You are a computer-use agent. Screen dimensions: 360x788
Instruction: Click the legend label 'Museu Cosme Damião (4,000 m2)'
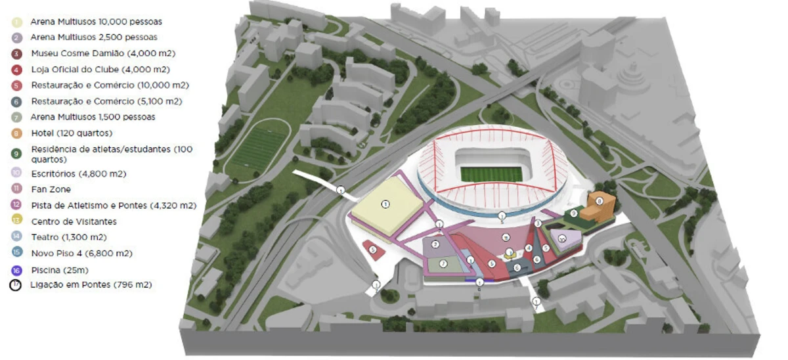coord(102,53)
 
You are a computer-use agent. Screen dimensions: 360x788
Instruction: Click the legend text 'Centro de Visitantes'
coord(74,221)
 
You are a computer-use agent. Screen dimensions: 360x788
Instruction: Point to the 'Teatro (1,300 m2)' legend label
coord(68,237)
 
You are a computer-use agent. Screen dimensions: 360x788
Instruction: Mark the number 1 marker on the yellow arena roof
coord(385,204)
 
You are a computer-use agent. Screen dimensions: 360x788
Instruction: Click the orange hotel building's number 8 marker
coord(599,200)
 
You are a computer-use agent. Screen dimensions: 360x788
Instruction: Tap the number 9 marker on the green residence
coord(574,214)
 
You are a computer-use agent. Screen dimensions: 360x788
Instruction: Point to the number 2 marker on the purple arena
coord(435,244)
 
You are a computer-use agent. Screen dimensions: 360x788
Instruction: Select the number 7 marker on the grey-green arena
coord(443,263)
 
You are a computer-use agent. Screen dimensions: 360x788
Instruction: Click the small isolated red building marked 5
coord(373,250)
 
